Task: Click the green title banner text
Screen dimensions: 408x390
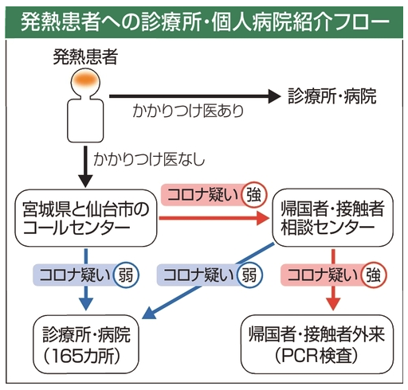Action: (205, 21)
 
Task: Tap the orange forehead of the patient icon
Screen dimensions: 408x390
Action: (85, 79)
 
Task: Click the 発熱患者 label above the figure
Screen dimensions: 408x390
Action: (85, 57)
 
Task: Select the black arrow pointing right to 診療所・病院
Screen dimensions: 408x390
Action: (195, 96)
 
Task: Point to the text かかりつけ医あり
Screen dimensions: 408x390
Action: (188, 111)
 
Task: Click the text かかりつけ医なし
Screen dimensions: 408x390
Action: (149, 159)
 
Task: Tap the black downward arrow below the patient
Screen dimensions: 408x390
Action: (85, 167)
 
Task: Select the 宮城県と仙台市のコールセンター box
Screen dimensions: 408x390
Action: (86, 218)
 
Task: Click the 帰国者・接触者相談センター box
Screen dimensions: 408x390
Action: (333, 217)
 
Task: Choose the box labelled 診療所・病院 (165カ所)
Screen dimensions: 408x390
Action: (86, 345)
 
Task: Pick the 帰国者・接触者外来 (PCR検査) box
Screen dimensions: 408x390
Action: (317, 345)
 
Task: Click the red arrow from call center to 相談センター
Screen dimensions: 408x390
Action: (214, 218)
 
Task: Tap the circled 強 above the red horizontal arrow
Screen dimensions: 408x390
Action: (253, 195)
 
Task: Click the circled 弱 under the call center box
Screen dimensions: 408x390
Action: (125, 275)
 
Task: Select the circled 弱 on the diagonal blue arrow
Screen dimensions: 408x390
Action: (249, 275)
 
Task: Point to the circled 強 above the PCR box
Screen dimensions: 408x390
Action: (373, 275)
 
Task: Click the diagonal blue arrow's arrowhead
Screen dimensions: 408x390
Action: (149, 313)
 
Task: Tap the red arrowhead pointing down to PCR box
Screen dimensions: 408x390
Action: (333, 304)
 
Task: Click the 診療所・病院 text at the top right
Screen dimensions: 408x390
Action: (332, 96)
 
